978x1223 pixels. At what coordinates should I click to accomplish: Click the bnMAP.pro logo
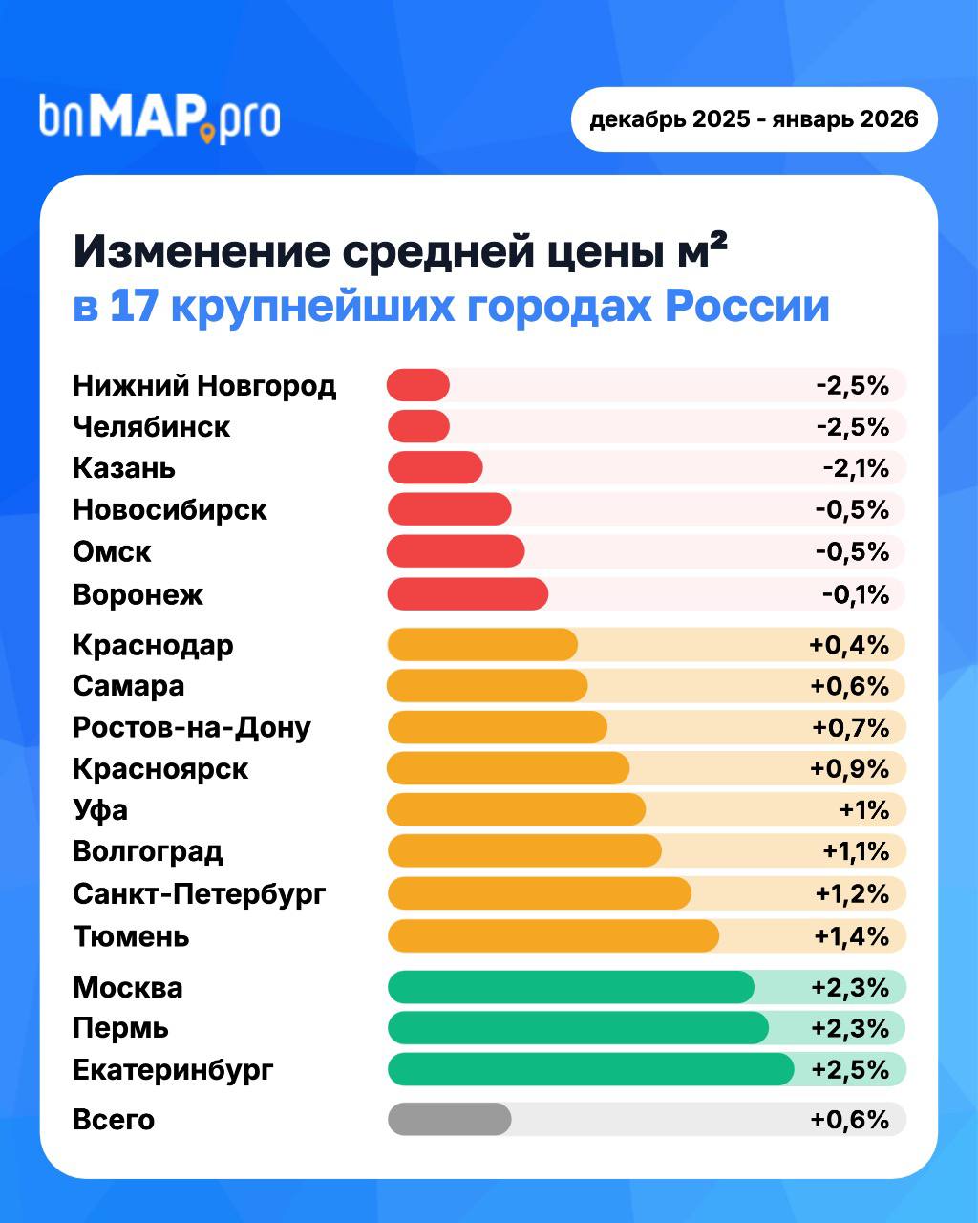(159, 118)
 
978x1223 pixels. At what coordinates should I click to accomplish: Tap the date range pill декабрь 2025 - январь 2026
(754, 119)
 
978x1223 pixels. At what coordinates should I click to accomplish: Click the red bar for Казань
(436, 468)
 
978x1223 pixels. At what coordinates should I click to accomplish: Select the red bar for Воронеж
(468, 594)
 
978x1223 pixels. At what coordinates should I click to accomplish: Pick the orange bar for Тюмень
(553, 935)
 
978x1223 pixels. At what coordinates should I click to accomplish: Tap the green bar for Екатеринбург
(590, 1069)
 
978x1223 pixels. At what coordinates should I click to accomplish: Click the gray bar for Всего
(449, 1119)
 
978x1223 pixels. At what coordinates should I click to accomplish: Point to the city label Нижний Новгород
(204, 386)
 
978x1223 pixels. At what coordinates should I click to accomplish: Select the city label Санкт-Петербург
(200, 894)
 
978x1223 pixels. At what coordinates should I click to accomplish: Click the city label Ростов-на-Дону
(192, 728)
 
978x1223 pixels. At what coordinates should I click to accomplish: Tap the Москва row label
(128, 987)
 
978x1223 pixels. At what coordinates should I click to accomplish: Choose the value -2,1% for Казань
(856, 468)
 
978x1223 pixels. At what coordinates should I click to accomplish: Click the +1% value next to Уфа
(864, 810)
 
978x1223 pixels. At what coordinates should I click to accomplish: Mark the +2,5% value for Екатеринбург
(850, 1069)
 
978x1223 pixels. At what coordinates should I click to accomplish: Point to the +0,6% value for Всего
(850, 1119)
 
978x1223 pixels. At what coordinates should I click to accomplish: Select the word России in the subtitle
(747, 308)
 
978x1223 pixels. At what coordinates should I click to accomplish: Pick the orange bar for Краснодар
(482, 645)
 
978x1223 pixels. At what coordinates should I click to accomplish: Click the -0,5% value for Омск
(852, 552)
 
